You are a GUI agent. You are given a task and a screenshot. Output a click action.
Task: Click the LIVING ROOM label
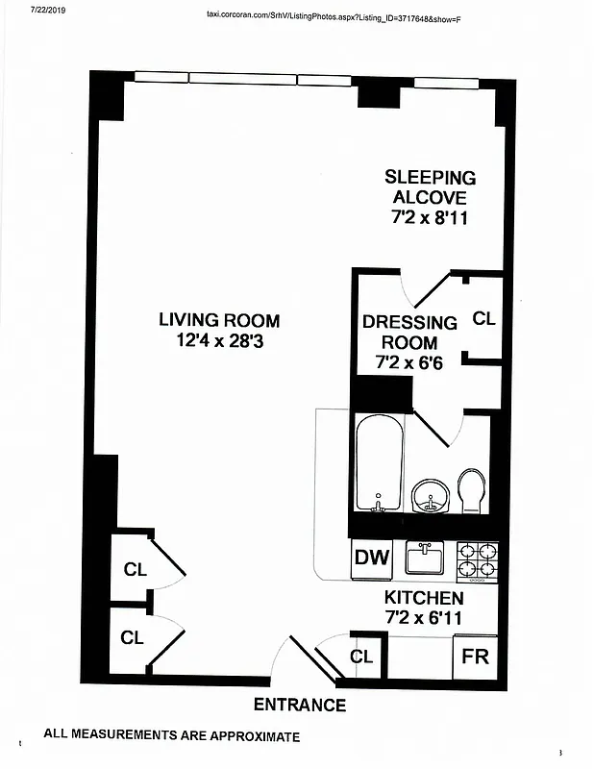(x=219, y=320)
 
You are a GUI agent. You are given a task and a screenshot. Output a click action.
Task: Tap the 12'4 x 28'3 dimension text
(x=219, y=340)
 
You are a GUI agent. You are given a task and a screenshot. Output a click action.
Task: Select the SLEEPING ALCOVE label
(x=430, y=187)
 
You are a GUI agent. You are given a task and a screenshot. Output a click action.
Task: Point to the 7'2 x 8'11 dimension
(x=430, y=218)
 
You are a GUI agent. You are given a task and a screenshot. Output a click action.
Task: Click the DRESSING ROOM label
(x=409, y=333)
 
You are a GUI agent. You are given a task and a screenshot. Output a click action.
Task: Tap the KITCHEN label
(x=424, y=598)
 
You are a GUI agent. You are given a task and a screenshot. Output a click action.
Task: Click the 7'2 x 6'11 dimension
(x=424, y=617)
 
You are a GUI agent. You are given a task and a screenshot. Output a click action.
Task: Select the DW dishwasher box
(x=371, y=558)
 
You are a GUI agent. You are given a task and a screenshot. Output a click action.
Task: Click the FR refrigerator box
(x=475, y=658)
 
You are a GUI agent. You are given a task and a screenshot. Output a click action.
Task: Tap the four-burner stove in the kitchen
(x=477, y=560)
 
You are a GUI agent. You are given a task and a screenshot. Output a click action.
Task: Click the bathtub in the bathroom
(x=378, y=464)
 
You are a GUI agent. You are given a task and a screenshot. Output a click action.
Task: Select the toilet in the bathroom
(x=472, y=490)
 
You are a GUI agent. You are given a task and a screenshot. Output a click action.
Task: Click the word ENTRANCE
(x=299, y=706)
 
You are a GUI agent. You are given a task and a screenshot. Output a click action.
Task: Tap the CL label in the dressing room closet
(x=483, y=318)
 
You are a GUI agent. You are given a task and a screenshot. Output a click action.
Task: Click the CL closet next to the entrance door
(x=361, y=657)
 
